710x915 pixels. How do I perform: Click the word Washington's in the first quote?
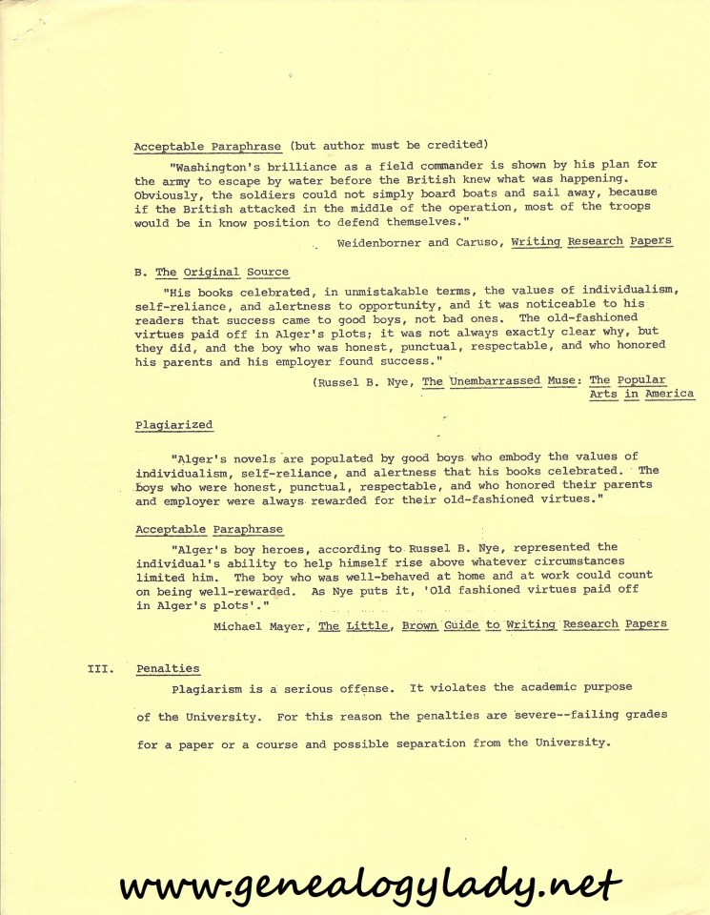click(216, 164)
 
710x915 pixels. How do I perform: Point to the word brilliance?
click(306, 164)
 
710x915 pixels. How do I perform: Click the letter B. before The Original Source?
click(139, 273)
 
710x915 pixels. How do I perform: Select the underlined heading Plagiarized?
click(174, 425)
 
